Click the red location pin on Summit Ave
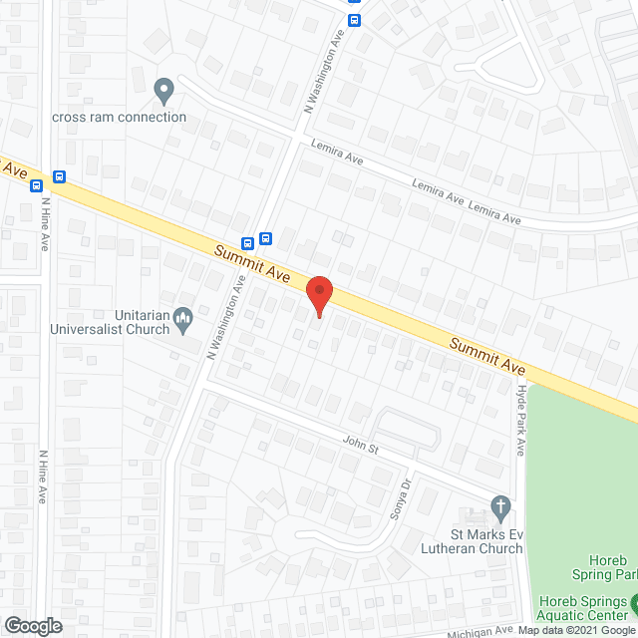(x=318, y=295)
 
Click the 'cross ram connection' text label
(x=120, y=117)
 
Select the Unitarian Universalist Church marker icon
(x=183, y=319)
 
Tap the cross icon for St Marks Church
(x=500, y=508)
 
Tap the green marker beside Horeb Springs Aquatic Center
(x=634, y=601)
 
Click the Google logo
(x=32, y=626)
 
